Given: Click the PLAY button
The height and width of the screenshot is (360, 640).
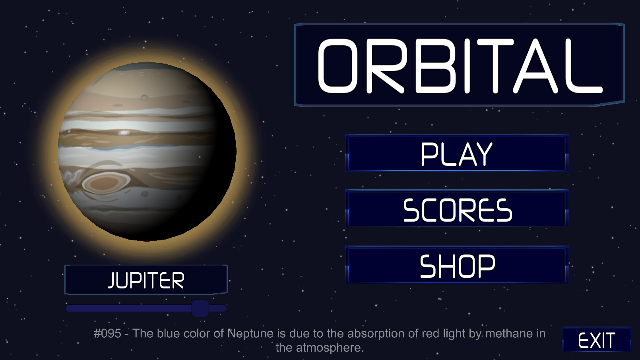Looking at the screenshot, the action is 457,153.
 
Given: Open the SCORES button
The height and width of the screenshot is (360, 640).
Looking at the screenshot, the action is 457,208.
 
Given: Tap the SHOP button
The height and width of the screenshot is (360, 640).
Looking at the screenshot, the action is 457,265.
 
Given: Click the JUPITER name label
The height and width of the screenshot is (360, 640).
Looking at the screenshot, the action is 146,280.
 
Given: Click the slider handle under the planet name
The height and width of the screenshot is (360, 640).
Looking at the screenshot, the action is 200,308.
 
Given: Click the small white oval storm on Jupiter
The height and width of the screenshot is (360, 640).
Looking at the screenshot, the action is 124,132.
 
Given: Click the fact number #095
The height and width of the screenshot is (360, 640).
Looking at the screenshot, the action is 107,333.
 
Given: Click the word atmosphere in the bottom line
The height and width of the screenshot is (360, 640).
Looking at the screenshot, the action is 330,348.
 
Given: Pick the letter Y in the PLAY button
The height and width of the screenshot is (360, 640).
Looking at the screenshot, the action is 483,154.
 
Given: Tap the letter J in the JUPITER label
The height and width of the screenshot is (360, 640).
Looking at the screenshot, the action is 112,280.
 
